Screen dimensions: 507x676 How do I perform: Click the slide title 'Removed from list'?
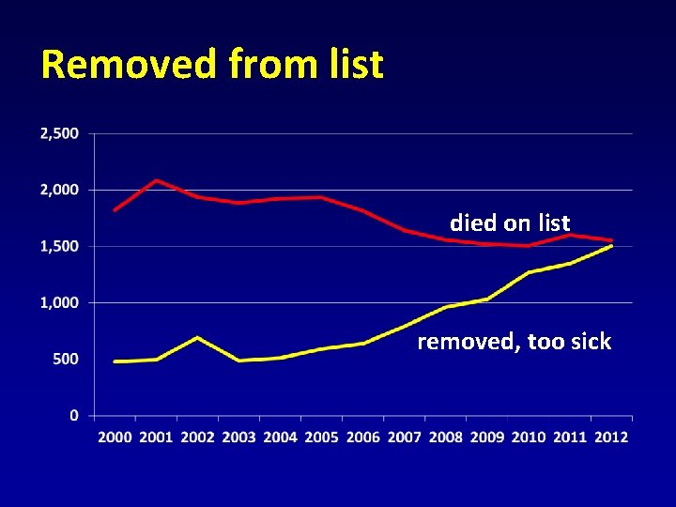click(212, 65)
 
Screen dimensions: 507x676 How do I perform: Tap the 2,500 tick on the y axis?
click(60, 133)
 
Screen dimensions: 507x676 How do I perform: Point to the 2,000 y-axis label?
click(60, 190)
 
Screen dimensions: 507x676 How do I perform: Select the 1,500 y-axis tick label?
click(60, 246)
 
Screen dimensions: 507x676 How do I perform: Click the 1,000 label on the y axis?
click(60, 302)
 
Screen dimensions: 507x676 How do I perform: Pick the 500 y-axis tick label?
click(66, 359)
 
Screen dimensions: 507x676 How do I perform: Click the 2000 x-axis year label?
click(115, 437)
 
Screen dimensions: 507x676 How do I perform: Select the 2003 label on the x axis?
click(238, 437)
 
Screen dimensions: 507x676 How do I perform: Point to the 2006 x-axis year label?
click(362, 437)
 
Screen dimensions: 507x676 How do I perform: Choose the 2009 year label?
click(486, 437)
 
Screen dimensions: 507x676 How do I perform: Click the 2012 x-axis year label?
click(610, 437)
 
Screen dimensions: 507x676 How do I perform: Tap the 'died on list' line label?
click(510, 223)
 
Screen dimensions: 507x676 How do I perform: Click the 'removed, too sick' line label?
click(514, 342)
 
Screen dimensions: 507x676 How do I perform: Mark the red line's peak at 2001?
click(156, 180)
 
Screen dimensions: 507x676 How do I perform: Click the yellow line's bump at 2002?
click(197, 337)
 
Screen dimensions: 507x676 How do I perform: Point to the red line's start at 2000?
click(115, 209)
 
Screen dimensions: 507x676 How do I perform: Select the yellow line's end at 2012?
click(611, 246)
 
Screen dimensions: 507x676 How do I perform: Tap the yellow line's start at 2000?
click(115, 361)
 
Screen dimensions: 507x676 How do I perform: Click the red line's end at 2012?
click(611, 240)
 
